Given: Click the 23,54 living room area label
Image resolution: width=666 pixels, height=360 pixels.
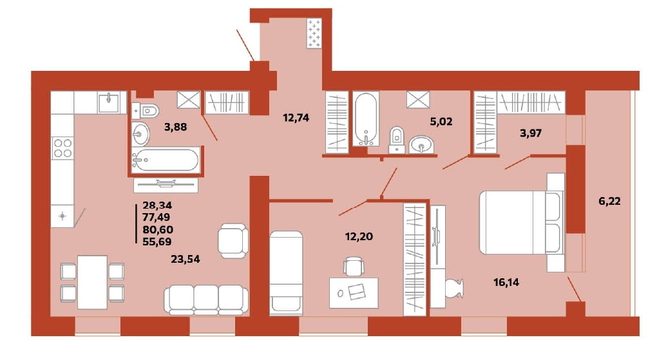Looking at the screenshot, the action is tap(186, 259).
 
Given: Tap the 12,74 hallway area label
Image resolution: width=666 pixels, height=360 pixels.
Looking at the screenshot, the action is tap(296, 118).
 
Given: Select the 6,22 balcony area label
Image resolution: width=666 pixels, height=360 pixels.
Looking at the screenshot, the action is tap(609, 201).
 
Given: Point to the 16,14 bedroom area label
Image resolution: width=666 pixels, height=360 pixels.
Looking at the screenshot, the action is tap(506, 282).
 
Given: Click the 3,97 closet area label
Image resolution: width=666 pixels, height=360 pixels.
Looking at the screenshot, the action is tap(531, 133).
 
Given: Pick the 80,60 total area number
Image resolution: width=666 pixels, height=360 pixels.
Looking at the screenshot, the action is tap(158, 230).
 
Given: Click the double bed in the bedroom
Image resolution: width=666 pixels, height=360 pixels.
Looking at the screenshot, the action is tap(522, 222).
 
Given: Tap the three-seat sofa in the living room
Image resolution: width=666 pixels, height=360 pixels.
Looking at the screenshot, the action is tap(206, 299).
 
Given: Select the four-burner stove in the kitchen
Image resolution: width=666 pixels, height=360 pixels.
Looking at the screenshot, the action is tap(62, 147).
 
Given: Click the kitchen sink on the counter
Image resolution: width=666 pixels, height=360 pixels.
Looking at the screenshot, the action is tap(108, 102).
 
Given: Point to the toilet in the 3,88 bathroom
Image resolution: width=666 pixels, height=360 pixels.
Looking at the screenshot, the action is tap(146, 111).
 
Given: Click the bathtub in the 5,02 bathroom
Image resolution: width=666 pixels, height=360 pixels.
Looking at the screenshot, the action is tap(366, 119).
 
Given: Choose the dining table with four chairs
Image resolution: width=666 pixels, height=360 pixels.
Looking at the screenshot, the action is tap(92, 282).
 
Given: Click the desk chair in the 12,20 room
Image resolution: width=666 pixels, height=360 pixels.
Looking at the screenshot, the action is tap(354, 266).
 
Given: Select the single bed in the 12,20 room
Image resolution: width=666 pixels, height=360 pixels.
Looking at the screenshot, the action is tap(286, 273).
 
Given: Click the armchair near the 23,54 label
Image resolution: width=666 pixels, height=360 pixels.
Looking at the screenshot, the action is tap(233, 241).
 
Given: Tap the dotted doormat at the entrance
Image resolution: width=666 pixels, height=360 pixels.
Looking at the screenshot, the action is tap(314, 33).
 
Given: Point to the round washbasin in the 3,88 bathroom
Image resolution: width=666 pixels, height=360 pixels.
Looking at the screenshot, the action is tap(140, 134).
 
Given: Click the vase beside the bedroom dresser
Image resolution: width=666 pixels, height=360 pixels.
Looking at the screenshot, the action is tap(455, 289).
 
